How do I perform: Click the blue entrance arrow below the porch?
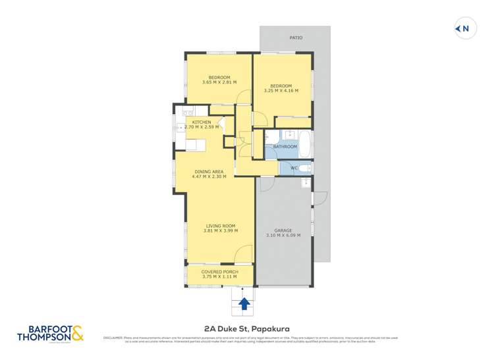tap(244, 303)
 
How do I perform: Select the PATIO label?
tap(296, 38)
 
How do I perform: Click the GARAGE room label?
tap(283, 230)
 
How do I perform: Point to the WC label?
tap(294, 168)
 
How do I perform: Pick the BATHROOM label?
tap(285, 147)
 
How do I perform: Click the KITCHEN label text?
tap(202, 122)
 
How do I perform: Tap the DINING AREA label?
tap(209, 172)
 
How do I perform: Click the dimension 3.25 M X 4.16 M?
tap(281, 90)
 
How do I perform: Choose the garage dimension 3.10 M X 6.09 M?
tap(283, 235)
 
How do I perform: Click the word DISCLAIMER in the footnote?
tap(113, 338)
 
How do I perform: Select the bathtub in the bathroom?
tap(303, 147)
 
